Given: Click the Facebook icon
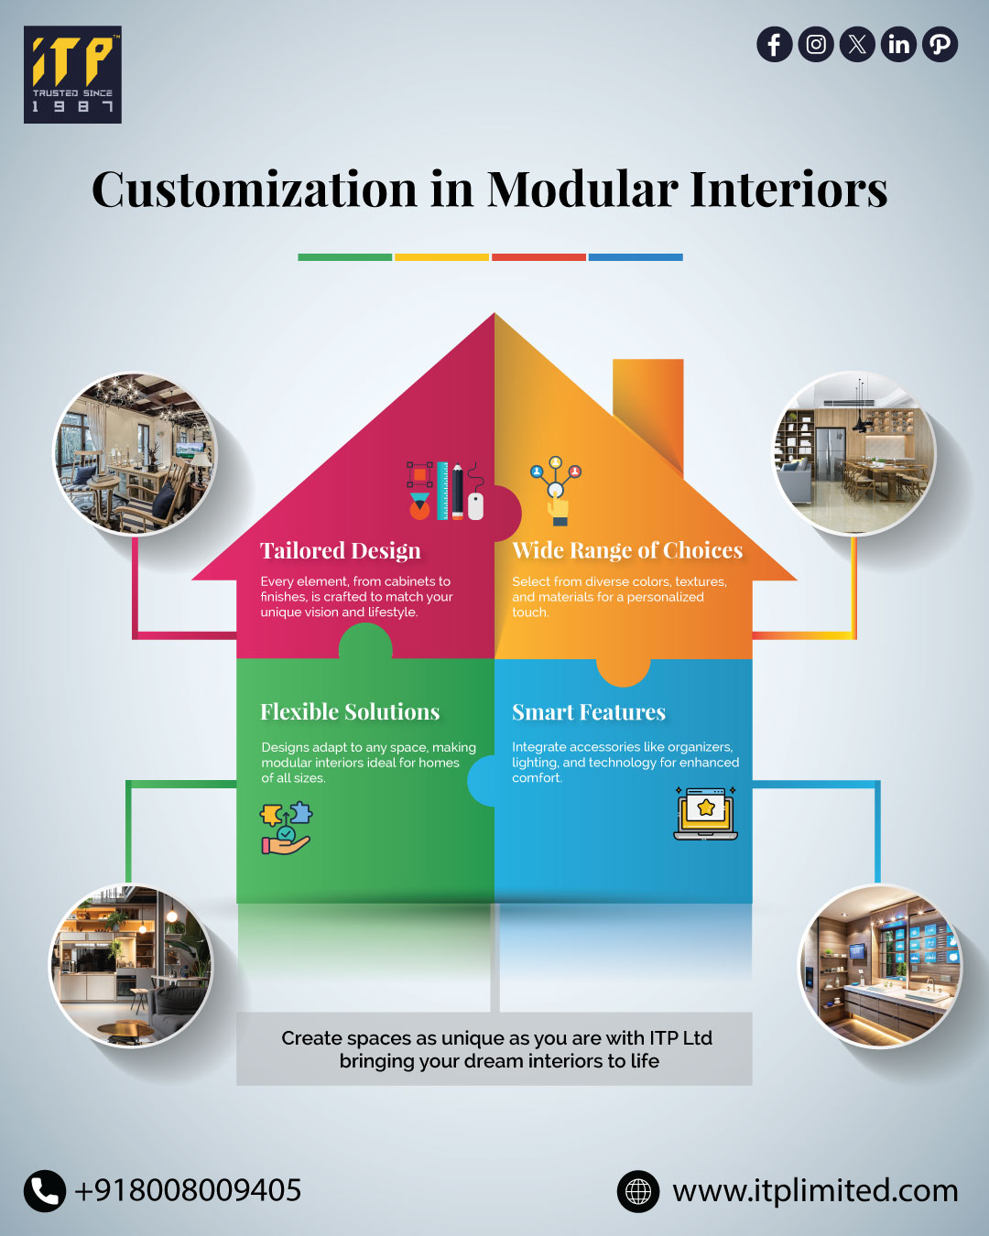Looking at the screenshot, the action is pyautogui.click(x=774, y=44).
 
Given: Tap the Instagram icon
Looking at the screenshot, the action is pyautogui.click(x=815, y=44).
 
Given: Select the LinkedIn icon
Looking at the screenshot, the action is pyautogui.click(x=898, y=44).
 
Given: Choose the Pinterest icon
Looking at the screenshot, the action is pyautogui.click(x=940, y=44).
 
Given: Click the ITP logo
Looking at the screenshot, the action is pyautogui.click(x=72, y=74).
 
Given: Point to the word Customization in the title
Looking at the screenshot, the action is pyautogui.click(x=255, y=190).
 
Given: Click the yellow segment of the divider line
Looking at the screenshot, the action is pyautogui.click(x=441, y=257).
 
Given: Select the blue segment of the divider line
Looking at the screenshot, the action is pyautogui.click(x=636, y=257).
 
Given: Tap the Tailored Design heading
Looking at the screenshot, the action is pyautogui.click(x=341, y=550).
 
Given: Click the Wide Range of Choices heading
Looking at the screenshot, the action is pyautogui.click(x=627, y=550).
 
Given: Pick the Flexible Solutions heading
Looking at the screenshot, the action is pyautogui.click(x=350, y=711).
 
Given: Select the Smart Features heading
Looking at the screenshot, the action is pyautogui.click(x=589, y=712).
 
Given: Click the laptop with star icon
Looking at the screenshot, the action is pyautogui.click(x=706, y=813).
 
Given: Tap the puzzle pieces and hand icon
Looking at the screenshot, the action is pyautogui.click(x=287, y=828).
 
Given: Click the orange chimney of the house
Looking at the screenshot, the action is pyautogui.click(x=648, y=414).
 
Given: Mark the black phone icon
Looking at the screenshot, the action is pyautogui.click(x=44, y=1190).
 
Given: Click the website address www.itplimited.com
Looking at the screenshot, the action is pyautogui.click(x=815, y=1190).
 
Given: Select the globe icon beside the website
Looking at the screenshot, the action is pyautogui.click(x=638, y=1191).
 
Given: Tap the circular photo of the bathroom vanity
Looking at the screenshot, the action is pyautogui.click(x=880, y=966).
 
